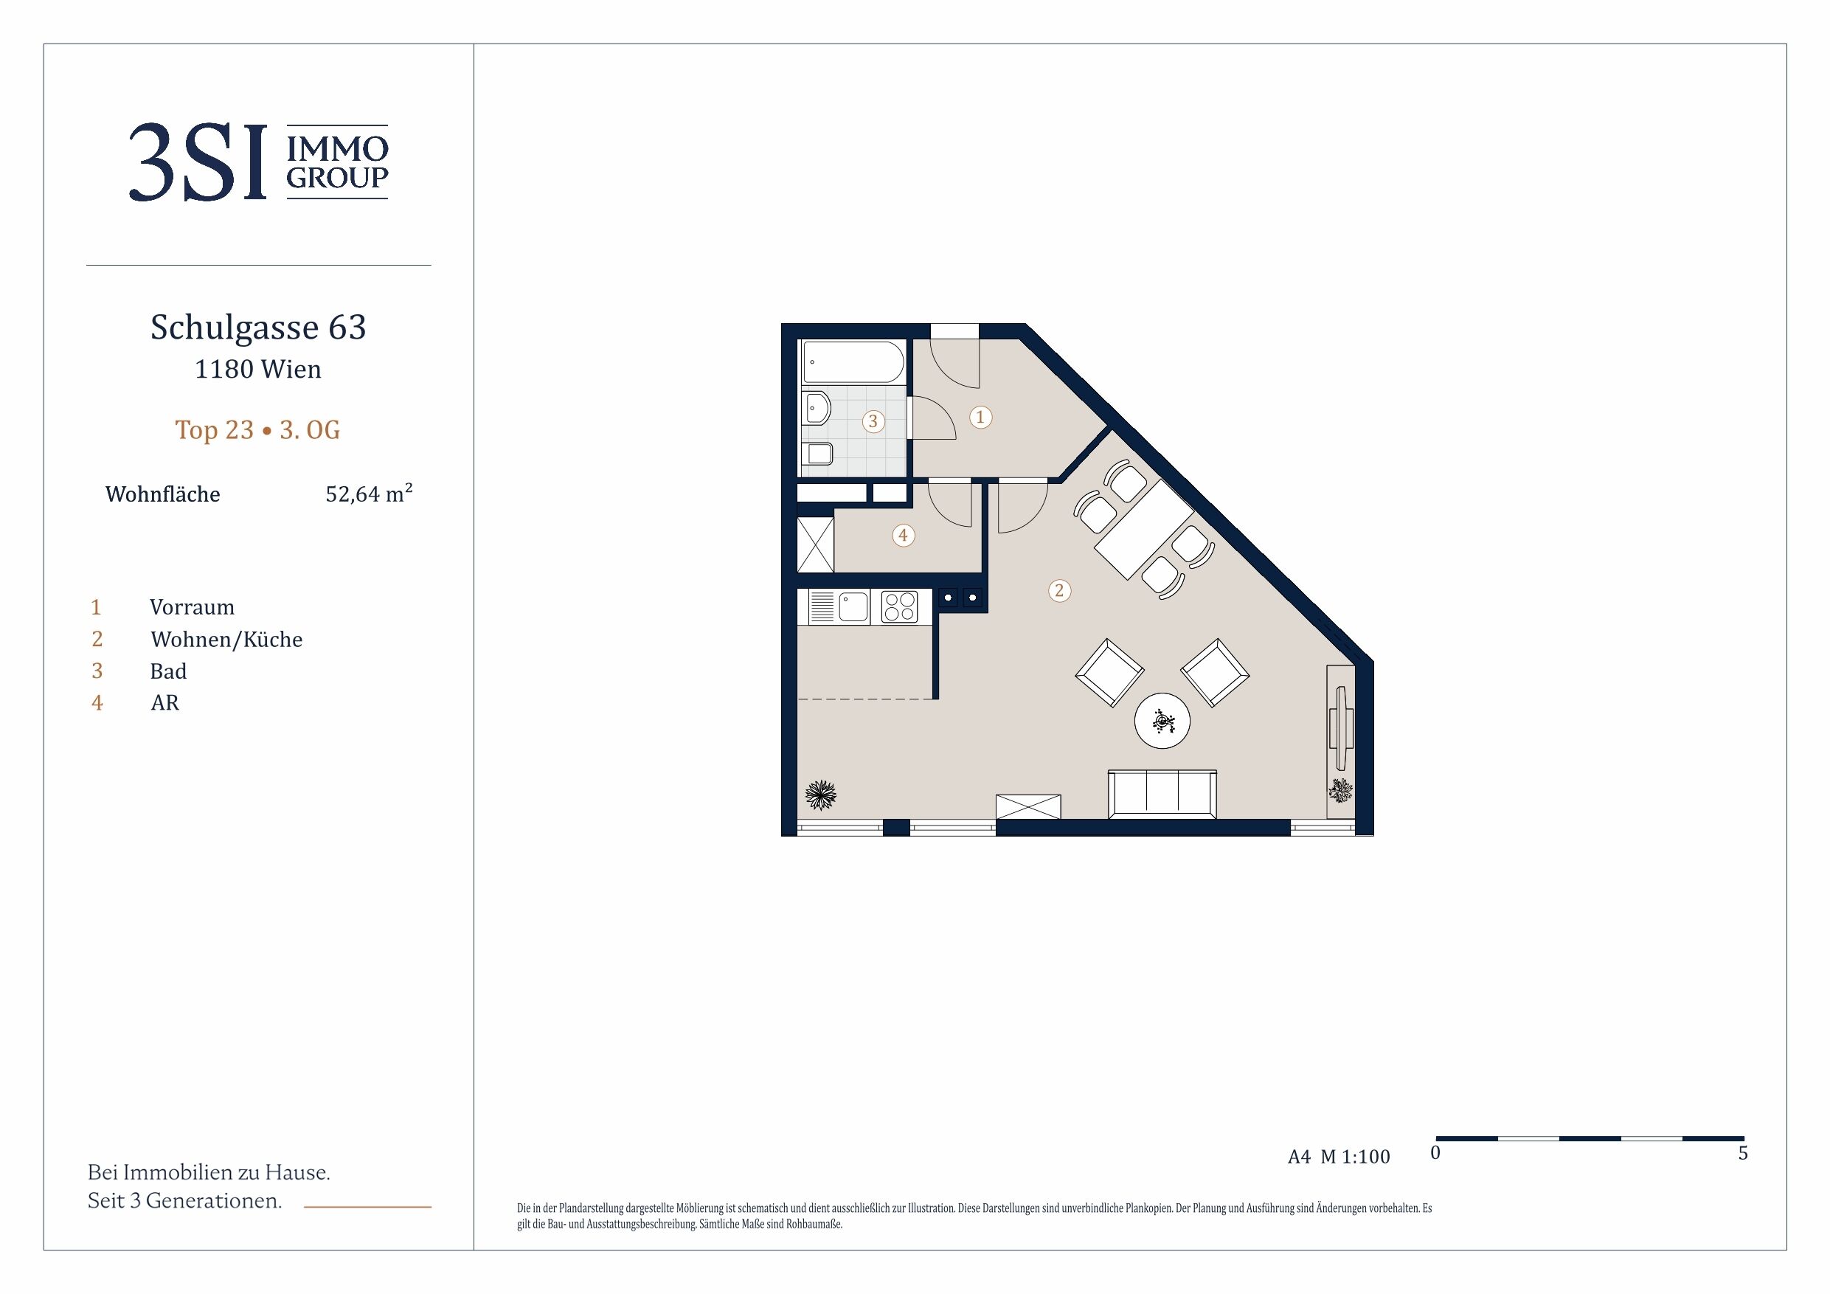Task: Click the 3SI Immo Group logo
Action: click(x=258, y=162)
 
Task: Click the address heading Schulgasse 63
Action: click(x=258, y=328)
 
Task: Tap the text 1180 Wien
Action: click(x=258, y=369)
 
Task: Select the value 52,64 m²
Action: click(x=369, y=494)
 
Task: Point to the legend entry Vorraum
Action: click(x=192, y=608)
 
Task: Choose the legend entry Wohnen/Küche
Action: click(x=226, y=640)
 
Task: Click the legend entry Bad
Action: click(x=168, y=671)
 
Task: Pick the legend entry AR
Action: click(x=165, y=702)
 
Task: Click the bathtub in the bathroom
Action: click(x=853, y=363)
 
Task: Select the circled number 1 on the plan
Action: click(x=980, y=417)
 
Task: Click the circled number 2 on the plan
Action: click(x=1059, y=591)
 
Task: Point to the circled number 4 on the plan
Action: click(x=903, y=536)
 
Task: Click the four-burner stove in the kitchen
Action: click(x=899, y=606)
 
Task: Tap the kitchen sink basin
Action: click(x=853, y=606)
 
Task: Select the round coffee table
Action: click(x=1162, y=721)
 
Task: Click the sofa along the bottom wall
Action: click(x=1162, y=794)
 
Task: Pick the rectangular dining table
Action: click(x=1145, y=530)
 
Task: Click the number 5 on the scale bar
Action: click(x=1743, y=1154)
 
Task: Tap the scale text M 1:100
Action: click(x=1355, y=1157)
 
